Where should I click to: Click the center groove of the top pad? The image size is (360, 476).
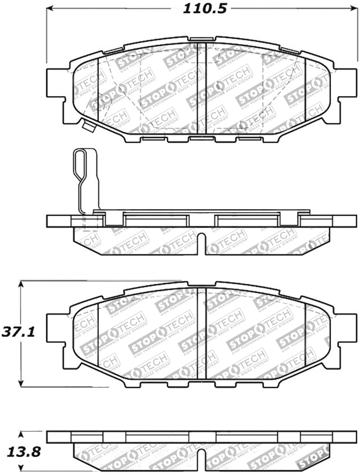201,88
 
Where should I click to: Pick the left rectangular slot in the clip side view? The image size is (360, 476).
156,221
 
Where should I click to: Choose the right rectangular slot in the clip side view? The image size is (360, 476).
247,221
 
